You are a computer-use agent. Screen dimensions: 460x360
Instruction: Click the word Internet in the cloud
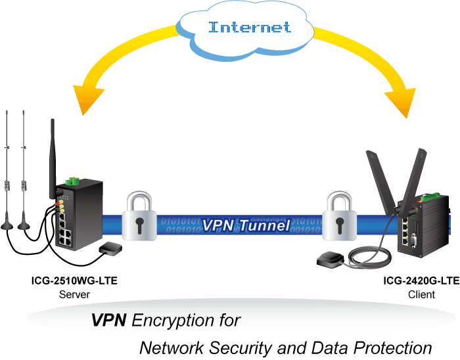click(250, 27)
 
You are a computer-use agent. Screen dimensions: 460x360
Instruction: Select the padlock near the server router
click(139, 215)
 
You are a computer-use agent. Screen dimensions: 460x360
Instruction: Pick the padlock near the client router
click(340, 215)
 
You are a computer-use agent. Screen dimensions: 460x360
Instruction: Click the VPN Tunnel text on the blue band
click(246, 225)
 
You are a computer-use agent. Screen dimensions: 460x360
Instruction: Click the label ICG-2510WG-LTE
click(74, 281)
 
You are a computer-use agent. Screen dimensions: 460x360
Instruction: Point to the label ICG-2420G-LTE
click(421, 281)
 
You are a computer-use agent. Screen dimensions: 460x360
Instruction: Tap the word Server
click(74, 294)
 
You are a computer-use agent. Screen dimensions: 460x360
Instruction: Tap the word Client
click(421, 294)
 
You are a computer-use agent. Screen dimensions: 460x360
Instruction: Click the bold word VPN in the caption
click(109, 320)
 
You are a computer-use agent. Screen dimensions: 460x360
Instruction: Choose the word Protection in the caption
click(392, 348)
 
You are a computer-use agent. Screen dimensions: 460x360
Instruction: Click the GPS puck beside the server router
click(110, 248)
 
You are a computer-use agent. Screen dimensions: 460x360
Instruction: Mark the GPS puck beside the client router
click(331, 259)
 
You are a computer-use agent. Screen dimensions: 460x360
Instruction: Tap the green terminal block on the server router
click(73, 181)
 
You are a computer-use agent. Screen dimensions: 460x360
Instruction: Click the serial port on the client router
click(414, 241)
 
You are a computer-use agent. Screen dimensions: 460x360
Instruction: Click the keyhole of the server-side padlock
click(139, 225)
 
